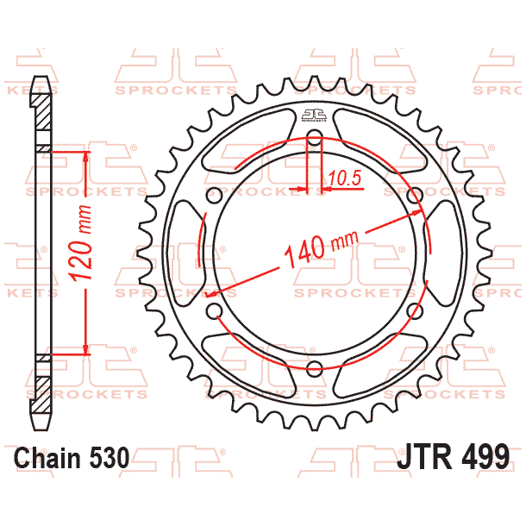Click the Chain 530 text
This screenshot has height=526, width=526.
click(72, 456)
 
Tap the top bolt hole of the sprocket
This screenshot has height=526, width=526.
click(314, 141)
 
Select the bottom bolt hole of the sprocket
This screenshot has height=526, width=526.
click(314, 368)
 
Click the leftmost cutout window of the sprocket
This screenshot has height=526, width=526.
click(178, 254)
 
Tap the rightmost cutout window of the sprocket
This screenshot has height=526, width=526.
click(449, 254)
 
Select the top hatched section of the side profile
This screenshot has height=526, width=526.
click(40, 116)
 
